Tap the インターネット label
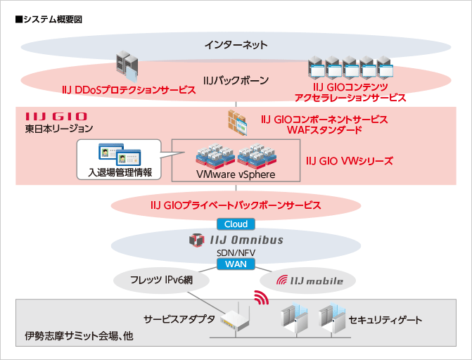236,46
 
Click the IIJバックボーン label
236,81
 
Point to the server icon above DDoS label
127,65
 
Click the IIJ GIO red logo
56,116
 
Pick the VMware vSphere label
236,174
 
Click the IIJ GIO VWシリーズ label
350,160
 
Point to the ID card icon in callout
117,153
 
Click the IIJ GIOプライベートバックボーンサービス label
236,205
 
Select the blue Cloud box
236,224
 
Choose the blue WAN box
236,264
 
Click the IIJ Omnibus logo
236,240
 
